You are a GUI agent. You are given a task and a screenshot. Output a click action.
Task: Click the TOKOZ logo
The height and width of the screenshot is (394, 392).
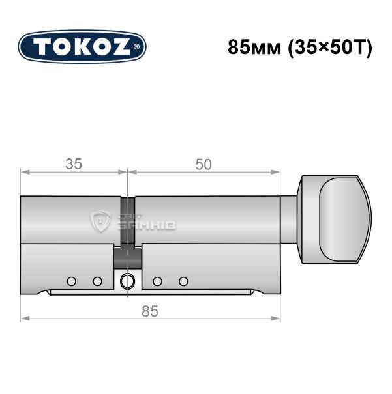82,47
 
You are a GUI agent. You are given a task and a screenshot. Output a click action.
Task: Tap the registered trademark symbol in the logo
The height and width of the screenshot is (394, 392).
136,47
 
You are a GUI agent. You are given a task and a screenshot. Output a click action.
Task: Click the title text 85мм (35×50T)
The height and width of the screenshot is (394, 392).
299,47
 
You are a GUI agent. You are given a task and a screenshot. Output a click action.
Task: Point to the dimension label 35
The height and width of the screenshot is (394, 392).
74,164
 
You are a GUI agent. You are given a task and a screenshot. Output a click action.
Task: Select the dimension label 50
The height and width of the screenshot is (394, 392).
204,165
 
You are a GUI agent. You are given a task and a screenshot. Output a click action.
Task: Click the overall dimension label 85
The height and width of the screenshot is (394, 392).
150,311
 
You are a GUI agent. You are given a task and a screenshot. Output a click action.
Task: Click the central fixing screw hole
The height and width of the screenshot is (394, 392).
127,281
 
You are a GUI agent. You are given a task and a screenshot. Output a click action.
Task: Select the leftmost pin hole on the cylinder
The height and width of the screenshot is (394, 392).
72,281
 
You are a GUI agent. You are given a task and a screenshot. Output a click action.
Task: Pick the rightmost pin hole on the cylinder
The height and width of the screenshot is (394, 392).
183,281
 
